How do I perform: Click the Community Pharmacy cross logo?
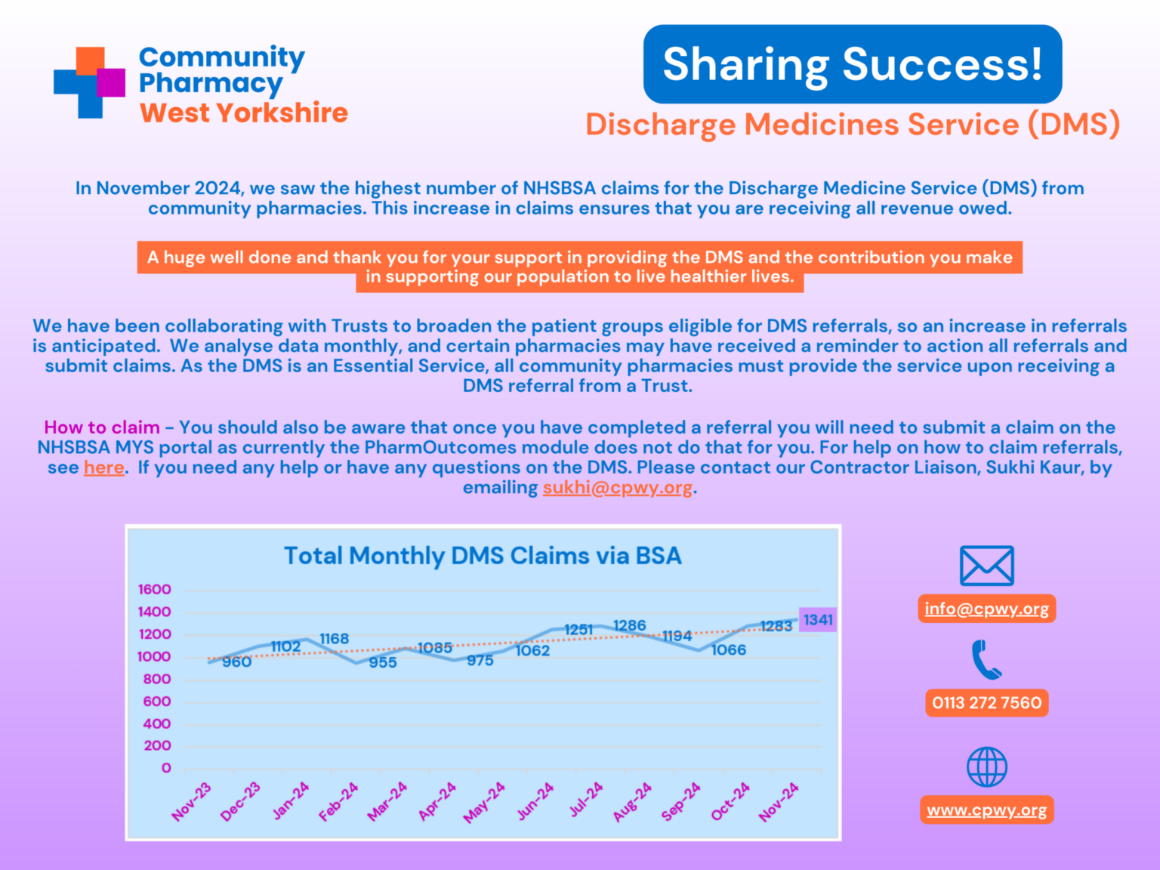point(89,82)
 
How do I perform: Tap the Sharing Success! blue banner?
point(852,64)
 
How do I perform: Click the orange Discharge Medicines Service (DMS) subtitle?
point(852,125)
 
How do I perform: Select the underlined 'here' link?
point(104,467)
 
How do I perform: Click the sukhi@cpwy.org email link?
point(617,488)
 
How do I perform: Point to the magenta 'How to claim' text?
point(102,427)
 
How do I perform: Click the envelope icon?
point(986,566)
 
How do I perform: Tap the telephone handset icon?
point(986,660)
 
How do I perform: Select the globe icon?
point(986,767)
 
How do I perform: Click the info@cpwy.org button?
point(986,609)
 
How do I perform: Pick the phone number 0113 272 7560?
point(986,703)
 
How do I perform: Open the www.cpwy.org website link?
point(986,810)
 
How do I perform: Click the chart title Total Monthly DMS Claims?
point(483,556)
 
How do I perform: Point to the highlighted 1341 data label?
point(818,620)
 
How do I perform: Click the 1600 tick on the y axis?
point(154,589)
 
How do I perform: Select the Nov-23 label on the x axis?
point(192,801)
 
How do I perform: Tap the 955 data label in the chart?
point(383,662)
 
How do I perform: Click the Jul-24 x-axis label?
point(587,800)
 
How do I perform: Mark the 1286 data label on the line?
point(630,625)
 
